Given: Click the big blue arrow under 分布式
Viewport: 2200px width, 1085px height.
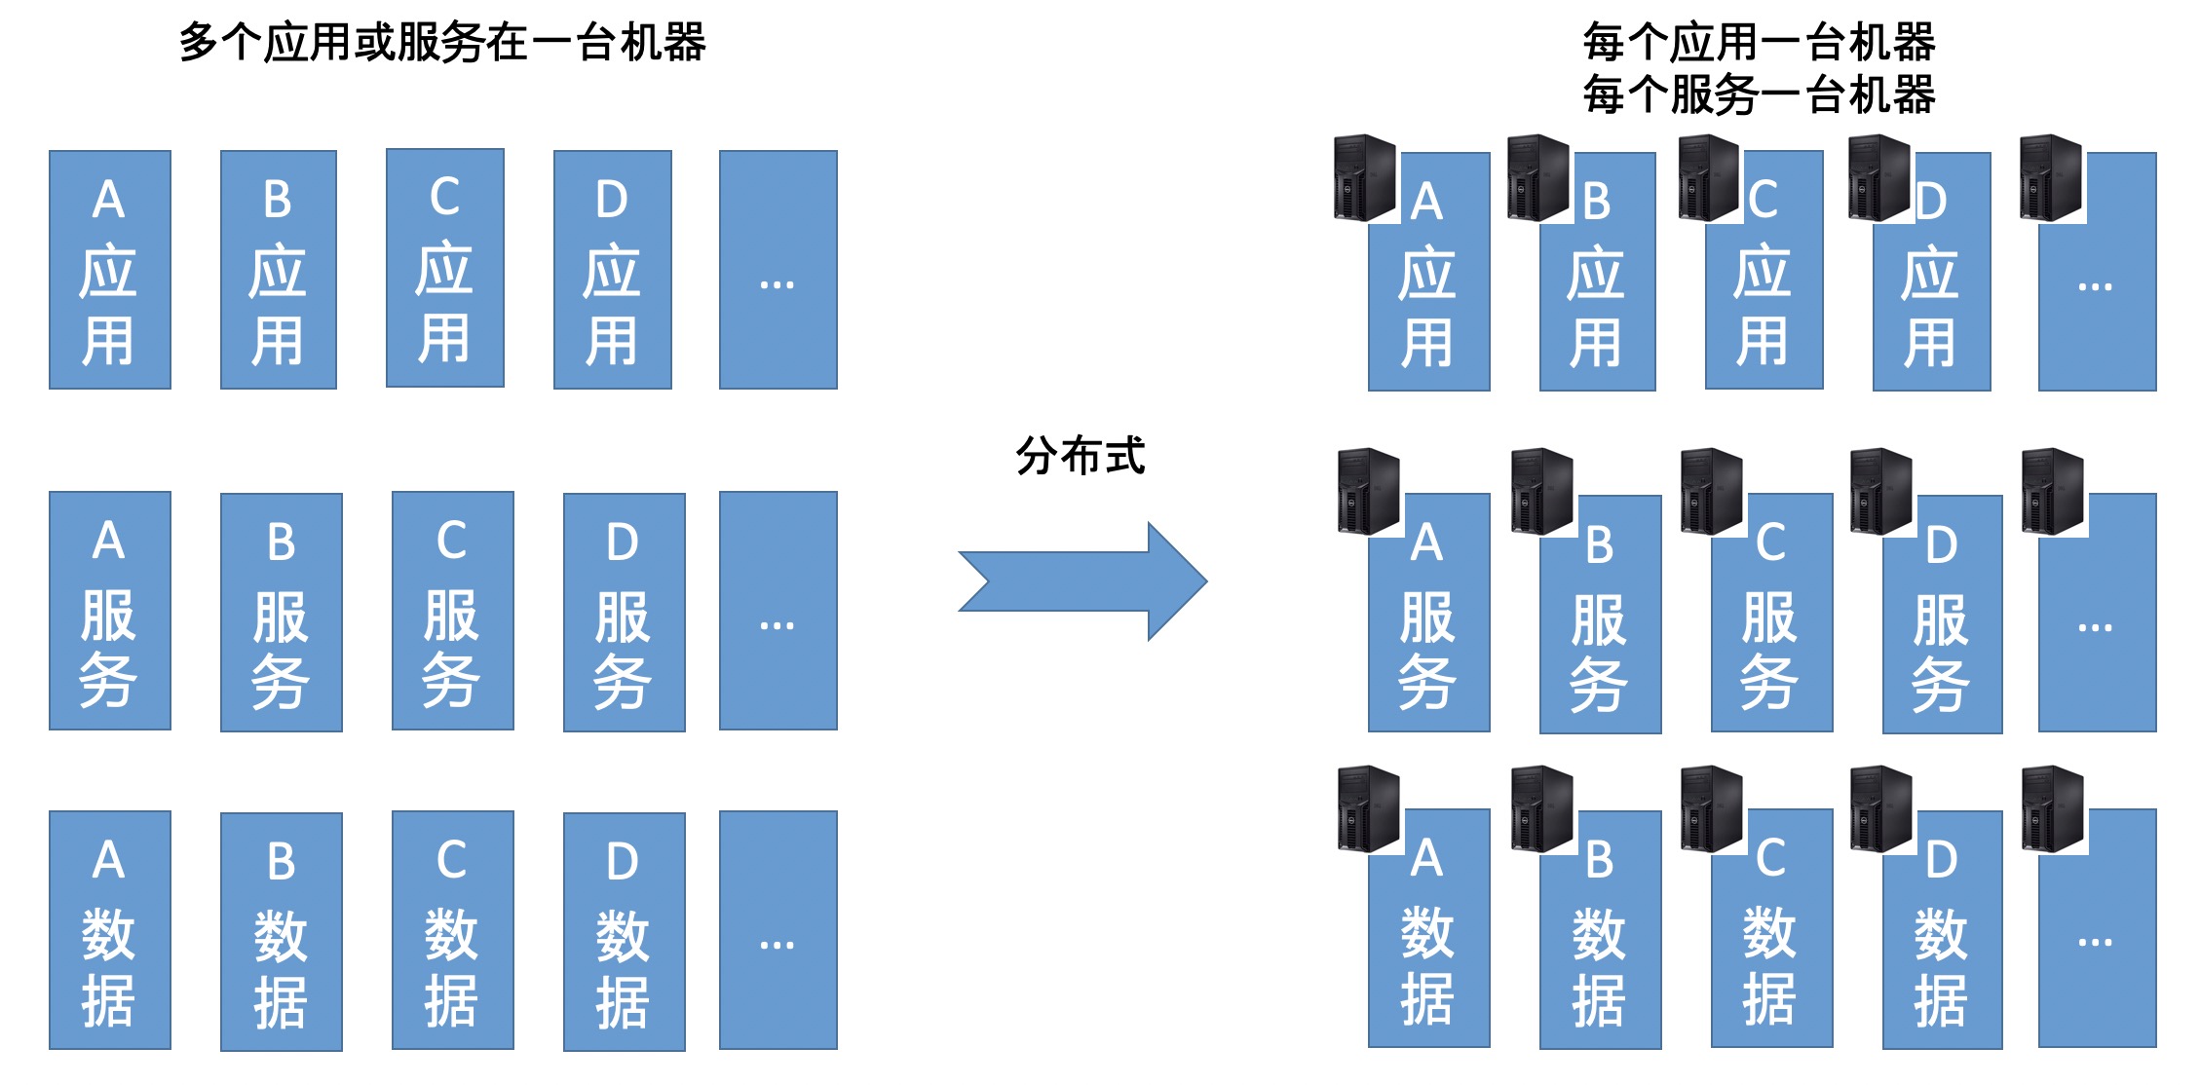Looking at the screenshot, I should (x=1081, y=581).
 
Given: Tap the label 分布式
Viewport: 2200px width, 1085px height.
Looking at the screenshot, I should (x=1080, y=456).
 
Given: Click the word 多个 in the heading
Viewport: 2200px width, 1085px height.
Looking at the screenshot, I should (x=220, y=43).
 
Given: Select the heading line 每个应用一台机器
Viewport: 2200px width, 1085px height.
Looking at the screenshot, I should (x=1759, y=43).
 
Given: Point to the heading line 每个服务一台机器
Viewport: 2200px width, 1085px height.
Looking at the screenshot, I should (x=1759, y=95).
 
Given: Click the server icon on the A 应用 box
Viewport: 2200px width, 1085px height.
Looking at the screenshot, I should (x=1364, y=178).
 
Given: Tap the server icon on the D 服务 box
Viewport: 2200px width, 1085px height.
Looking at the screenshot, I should (x=1880, y=492).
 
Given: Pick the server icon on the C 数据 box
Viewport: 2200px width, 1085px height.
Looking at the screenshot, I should (x=1711, y=809).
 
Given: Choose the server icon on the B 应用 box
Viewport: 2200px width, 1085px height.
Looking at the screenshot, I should (x=1537, y=178).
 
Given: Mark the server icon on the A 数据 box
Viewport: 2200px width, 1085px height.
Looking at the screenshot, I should (x=1368, y=809).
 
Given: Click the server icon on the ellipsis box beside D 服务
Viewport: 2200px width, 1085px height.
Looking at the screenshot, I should (x=2052, y=492).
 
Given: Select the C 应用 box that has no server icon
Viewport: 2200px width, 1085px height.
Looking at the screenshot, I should (x=445, y=269).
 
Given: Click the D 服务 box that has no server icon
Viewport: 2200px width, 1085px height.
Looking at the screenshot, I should (x=624, y=613).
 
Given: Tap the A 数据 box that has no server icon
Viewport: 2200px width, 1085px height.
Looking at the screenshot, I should (x=110, y=930).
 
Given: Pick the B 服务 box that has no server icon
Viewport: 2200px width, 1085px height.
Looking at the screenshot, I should (x=282, y=613).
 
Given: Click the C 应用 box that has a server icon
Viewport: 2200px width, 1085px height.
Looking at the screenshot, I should (x=1764, y=292).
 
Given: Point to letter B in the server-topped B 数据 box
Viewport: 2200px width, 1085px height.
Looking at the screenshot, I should (x=1599, y=860).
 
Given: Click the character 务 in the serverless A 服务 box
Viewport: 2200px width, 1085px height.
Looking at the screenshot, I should (x=108, y=680).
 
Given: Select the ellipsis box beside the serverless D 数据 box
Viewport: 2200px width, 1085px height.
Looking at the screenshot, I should (x=778, y=930).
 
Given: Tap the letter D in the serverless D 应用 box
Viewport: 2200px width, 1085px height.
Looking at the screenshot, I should (x=612, y=200).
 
